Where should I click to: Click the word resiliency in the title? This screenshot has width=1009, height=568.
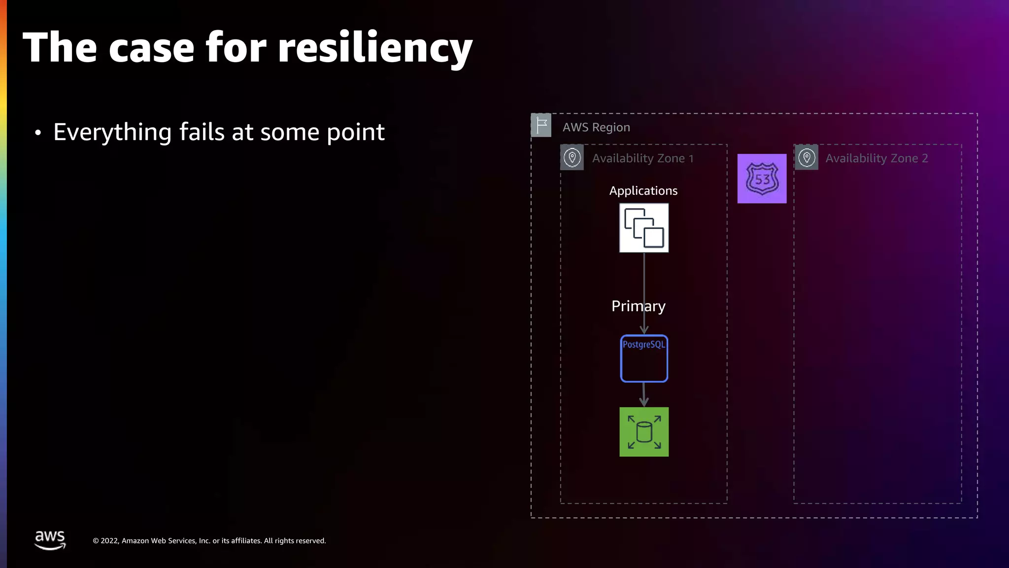point(374,48)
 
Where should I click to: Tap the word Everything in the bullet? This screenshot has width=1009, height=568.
point(112,132)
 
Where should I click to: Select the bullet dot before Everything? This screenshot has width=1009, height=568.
point(38,133)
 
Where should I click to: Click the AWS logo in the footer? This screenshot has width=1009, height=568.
point(50,540)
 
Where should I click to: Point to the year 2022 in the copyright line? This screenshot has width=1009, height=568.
point(109,541)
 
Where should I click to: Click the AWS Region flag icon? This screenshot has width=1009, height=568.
point(541,125)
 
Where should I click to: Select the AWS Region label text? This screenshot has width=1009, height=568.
point(596,127)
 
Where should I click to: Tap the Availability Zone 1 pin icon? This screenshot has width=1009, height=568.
point(572,158)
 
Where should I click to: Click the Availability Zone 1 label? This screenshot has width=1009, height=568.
point(642,158)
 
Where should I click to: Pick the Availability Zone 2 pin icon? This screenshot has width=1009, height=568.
point(807,158)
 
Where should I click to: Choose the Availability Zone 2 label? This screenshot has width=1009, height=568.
point(876,158)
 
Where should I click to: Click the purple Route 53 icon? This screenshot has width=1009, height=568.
point(762,178)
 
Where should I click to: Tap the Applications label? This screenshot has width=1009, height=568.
point(643,191)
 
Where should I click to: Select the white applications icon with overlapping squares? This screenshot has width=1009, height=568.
point(644,228)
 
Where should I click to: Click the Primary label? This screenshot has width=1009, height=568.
point(638,306)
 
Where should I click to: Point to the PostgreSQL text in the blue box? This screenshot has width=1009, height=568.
point(643,345)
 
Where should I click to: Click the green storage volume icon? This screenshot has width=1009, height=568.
point(644,432)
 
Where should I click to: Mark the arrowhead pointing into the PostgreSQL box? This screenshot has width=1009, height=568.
point(644,329)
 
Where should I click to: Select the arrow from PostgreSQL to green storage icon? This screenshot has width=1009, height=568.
point(644,394)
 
